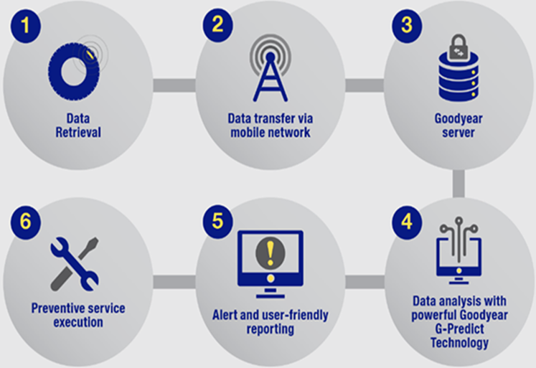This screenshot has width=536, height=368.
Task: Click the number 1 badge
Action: [26, 27]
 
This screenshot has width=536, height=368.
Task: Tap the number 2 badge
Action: [217, 25]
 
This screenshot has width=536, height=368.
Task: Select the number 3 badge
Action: [407, 26]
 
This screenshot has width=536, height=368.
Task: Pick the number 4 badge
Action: [407, 222]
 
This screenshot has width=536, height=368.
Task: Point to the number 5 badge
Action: [217, 222]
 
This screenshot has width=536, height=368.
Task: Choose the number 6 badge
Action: [26, 222]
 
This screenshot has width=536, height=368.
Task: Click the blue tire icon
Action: [74, 72]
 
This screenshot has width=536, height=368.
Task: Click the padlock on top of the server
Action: [459, 47]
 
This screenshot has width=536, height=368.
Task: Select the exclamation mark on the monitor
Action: [271, 253]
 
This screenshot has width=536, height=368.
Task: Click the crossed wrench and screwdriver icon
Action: [75, 264]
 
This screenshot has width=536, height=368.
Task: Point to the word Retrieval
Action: [78, 133]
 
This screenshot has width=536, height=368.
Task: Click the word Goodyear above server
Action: [459, 119]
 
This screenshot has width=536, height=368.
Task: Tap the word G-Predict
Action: [459, 329]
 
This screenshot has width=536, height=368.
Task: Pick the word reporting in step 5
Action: [271, 329]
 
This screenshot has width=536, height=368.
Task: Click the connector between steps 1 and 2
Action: [174, 85]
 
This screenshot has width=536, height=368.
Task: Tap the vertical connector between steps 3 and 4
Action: [459, 184]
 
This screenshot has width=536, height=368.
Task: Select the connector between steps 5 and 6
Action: [174, 282]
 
